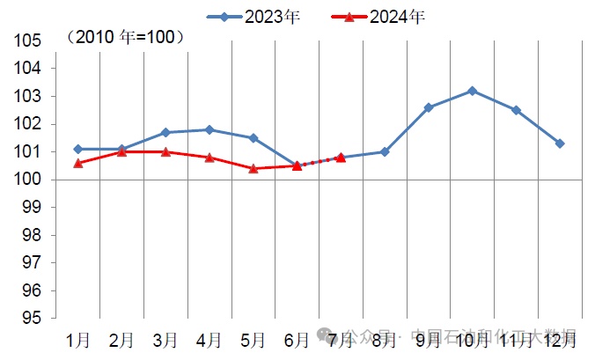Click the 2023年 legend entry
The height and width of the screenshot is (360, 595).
[x=253, y=16]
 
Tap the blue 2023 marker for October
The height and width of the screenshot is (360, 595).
[x=473, y=91]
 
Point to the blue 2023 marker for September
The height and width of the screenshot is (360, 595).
[x=429, y=107]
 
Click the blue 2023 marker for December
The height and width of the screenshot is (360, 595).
[x=561, y=143]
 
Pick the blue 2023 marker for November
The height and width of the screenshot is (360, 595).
[x=517, y=110]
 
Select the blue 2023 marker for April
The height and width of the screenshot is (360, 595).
[x=209, y=129]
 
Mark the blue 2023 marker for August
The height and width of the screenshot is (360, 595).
[x=385, y=151]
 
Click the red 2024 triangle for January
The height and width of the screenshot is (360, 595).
[x=77, y=163]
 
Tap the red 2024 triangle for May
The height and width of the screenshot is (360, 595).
[x=253, y=168]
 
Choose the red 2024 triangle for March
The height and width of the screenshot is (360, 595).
[x=165, y=151]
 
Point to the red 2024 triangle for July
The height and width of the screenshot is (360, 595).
[x=341, y=158]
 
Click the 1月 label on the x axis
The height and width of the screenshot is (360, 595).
[x=77, y=339]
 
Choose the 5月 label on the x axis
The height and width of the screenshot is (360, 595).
[x=253, y=339]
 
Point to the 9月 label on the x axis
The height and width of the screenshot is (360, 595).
[x=429, y=339]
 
